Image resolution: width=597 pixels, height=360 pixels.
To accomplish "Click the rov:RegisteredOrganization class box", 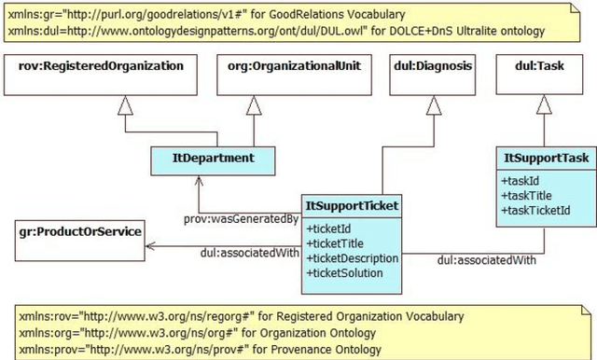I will [x=102, y=67].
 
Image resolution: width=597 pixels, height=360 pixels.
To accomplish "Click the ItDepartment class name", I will [x=215, y=159].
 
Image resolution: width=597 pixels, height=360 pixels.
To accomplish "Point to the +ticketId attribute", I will [x=332, y=228].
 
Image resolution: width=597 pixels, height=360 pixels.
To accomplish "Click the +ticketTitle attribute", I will [x=338, y=242].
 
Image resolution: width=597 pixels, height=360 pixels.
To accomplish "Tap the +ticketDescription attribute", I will [x=353, y=257].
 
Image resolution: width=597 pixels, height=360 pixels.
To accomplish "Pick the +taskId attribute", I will [x=519, y=181].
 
